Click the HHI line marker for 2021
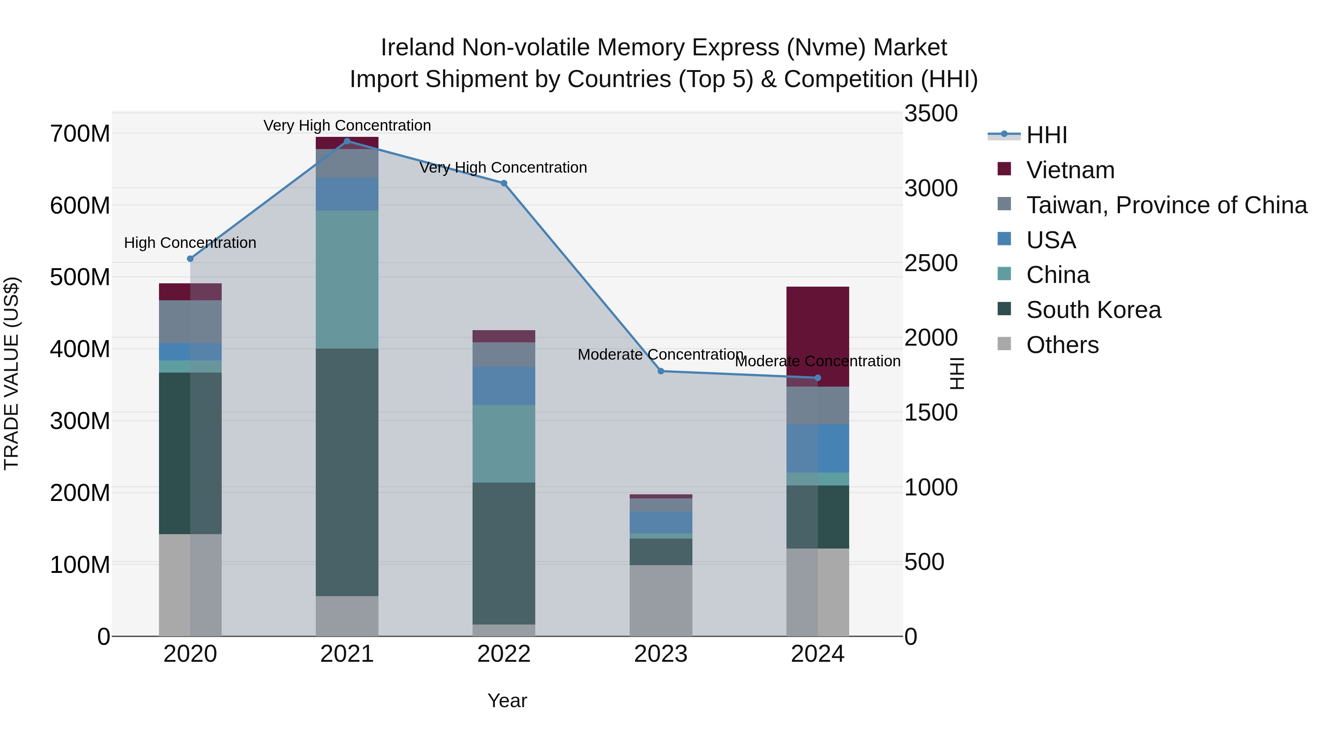[x=347, y=141]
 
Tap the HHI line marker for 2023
[x=661, y=371]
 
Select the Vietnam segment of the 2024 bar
[x=817, y=335]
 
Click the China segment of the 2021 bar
[x=347, y=279]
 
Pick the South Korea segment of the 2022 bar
[x=504, y=553]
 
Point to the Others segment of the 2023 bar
[x=661, y=601]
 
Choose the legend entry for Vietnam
[x=1070, y=170]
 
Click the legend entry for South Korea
[x=1093, y=310]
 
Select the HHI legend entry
[x=1046, y=135]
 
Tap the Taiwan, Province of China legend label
[x=1166, y=205]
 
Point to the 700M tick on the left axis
[x=80, y=134]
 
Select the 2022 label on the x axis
[x=504, y=654]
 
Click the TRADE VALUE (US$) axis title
[x=11, y=373]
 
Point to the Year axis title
[x=507, y=701]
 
